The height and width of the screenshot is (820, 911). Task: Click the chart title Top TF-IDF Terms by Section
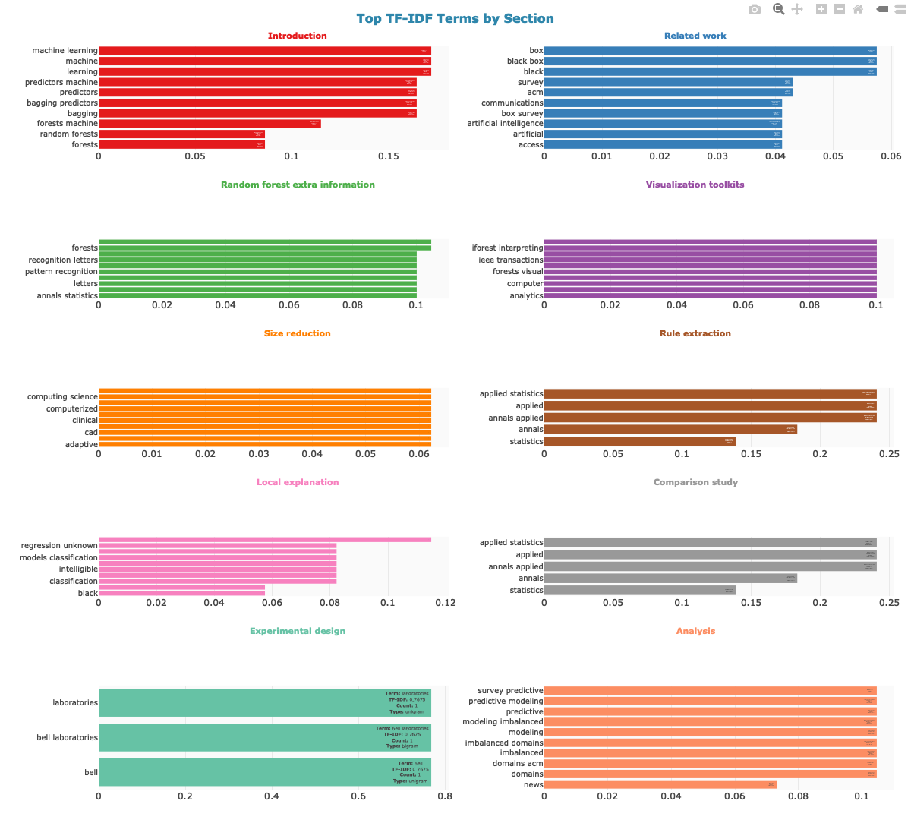click(455, 18)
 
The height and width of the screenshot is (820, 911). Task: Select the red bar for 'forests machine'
click(210, 124)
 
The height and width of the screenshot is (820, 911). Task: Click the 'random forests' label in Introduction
click(69, 134)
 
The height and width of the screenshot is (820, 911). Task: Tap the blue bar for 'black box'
click(710, 61)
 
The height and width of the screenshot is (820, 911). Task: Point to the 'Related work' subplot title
click(695, 36)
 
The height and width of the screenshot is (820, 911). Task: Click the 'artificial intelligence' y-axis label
click(505, 124)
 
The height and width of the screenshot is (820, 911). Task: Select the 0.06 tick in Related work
click(891, 156)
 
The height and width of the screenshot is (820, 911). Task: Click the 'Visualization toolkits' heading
click(695, 184)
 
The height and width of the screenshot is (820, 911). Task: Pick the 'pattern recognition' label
click(61, 272)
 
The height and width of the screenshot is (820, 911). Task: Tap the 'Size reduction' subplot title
click(297, 333)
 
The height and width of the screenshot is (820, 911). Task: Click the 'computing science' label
click(62, 397)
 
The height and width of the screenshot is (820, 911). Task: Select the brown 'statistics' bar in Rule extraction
click(639, 442)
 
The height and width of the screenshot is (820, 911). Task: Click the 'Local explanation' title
click(297, 482)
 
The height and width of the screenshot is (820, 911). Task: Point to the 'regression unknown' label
click(59, 546)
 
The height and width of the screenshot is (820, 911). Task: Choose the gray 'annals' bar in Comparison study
click(670, 579)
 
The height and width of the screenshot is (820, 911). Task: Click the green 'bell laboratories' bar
click(264, 738)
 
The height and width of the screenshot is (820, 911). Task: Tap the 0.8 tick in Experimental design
click(445, 796)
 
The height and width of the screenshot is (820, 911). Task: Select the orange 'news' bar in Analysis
click(660, 784)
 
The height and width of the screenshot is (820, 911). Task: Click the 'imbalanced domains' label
click(504, 743)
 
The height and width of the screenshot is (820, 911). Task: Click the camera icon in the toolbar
click(754, 9)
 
